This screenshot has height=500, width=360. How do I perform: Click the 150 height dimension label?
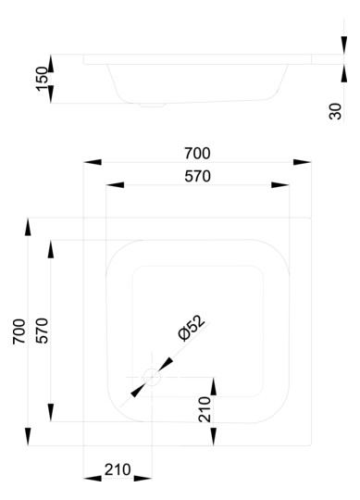(42, 79)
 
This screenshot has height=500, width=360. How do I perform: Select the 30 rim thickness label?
(335, 111)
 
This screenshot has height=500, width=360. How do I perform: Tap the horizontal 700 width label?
(197, 154)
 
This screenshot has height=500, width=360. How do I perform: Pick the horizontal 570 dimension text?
(197, 176)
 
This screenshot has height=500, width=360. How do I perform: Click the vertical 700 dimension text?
(19, 331)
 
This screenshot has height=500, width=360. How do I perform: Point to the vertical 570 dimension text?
(42, 331)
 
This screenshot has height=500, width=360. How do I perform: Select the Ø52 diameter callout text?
(192, 328)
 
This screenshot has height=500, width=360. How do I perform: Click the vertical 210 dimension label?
(205, 409)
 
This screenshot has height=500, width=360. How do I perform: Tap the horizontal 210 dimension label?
(118, 469)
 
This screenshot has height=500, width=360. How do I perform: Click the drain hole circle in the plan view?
(152, 377)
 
